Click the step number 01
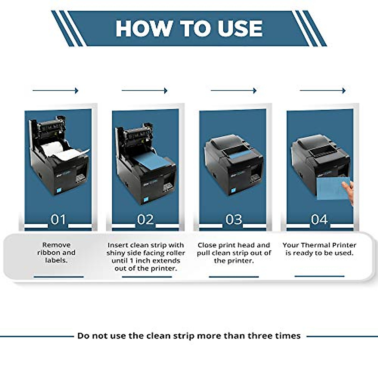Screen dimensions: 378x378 click(58, 220)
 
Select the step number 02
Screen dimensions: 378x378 click(145, 220)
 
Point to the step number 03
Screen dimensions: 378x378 click(233, 220)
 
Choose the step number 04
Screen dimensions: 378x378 click(319, 220)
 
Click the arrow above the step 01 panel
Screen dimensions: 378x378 click(55, 91)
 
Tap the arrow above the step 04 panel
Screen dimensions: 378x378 click(323, 91)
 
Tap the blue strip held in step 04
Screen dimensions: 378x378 click(332, 189)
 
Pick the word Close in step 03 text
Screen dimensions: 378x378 click(207, 245)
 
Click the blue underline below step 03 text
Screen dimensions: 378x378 click(234, 277)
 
